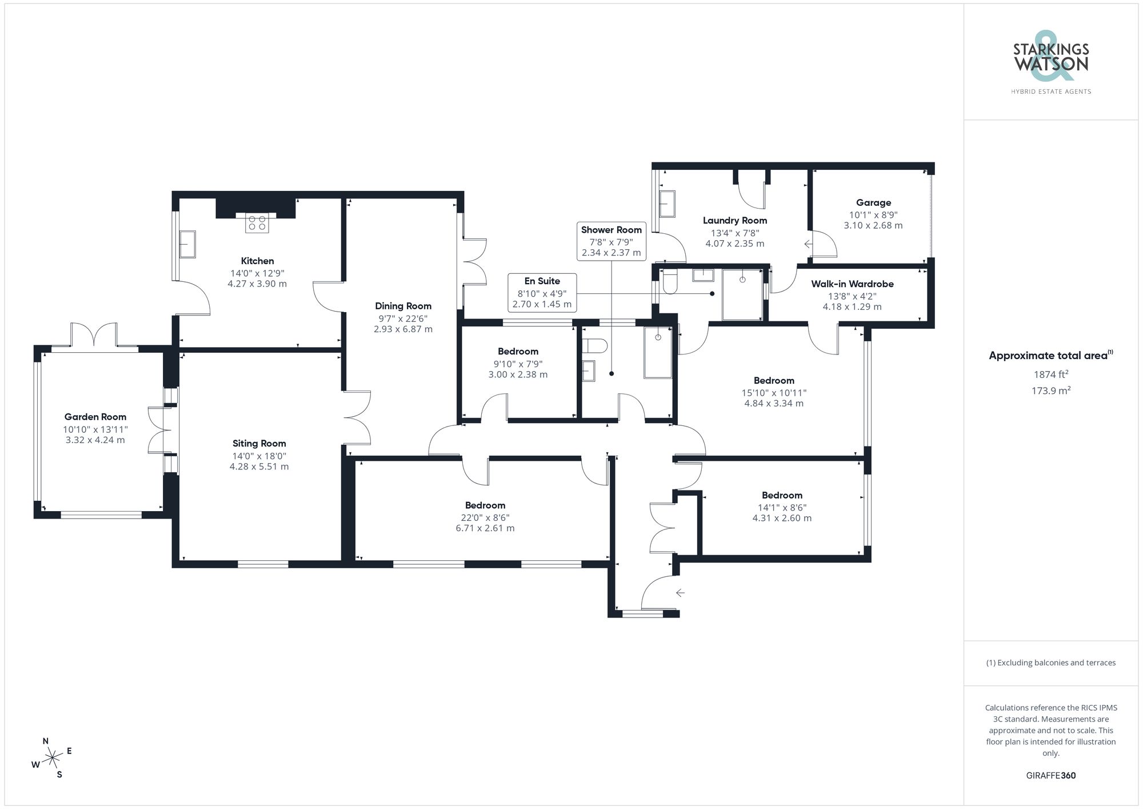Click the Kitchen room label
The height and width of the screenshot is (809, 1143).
click(257, 261)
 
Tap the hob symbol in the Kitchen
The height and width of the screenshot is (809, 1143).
click(257, 223)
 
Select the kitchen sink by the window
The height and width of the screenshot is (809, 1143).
click(187, 244)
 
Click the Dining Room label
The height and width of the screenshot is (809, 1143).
click(403, 306)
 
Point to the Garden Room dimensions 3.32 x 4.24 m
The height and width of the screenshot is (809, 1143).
click(95, 440)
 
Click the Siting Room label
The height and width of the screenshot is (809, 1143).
click(259, 443)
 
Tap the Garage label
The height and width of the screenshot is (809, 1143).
click(873, 202)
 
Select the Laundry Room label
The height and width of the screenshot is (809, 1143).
click(734, 220)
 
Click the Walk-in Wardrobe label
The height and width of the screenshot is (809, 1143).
click(852, 284)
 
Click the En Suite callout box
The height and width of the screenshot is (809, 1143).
click(542, 292)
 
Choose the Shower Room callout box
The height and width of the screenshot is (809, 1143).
click(611, 241)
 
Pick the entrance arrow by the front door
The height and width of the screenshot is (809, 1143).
click(680, 592)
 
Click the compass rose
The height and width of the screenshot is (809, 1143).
click(52, 758)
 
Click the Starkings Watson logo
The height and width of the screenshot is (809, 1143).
click(1050, 63)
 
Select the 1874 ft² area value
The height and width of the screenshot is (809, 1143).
click(1050, 374)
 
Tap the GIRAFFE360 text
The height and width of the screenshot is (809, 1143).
click(1050, 775)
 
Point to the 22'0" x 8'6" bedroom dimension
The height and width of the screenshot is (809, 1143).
click(485, 517)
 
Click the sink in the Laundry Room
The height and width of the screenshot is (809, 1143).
click(666, 204)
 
